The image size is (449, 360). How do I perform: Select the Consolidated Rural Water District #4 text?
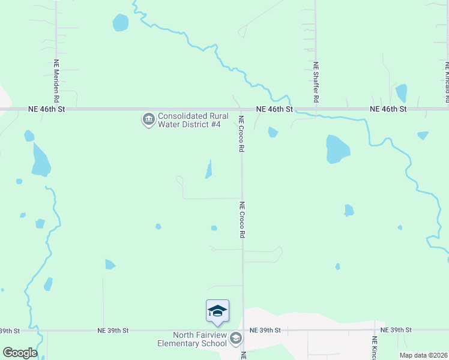click(189, 120)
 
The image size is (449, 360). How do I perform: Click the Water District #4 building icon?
click(148, 120)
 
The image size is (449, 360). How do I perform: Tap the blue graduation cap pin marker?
click(217, 311)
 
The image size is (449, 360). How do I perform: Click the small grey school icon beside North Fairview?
click(236, 339)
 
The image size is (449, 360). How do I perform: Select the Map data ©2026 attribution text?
click(423, 355)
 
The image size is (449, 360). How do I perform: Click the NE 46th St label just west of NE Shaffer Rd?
click(274, 109)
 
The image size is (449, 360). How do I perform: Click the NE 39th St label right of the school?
click(265, 330)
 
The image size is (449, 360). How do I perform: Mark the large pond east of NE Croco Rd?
click(337, 149)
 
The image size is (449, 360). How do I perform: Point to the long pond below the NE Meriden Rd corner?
click(40, 160)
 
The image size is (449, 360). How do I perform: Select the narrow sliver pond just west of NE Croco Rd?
click(208, 170)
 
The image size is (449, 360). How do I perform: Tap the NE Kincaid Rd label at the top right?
click(447, 81)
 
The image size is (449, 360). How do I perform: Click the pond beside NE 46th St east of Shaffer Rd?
click(401, 92)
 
